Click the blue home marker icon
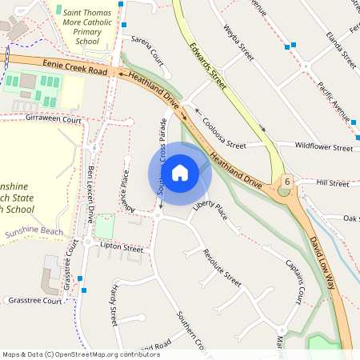[x=180, y=173]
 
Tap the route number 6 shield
[x=286, y=182]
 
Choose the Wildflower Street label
[x=323, y=147]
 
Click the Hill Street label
[x=333, y=183]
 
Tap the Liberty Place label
[x=210, y=211]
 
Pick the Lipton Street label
[x=122, y=249]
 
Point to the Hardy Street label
[x=114, y=303]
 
